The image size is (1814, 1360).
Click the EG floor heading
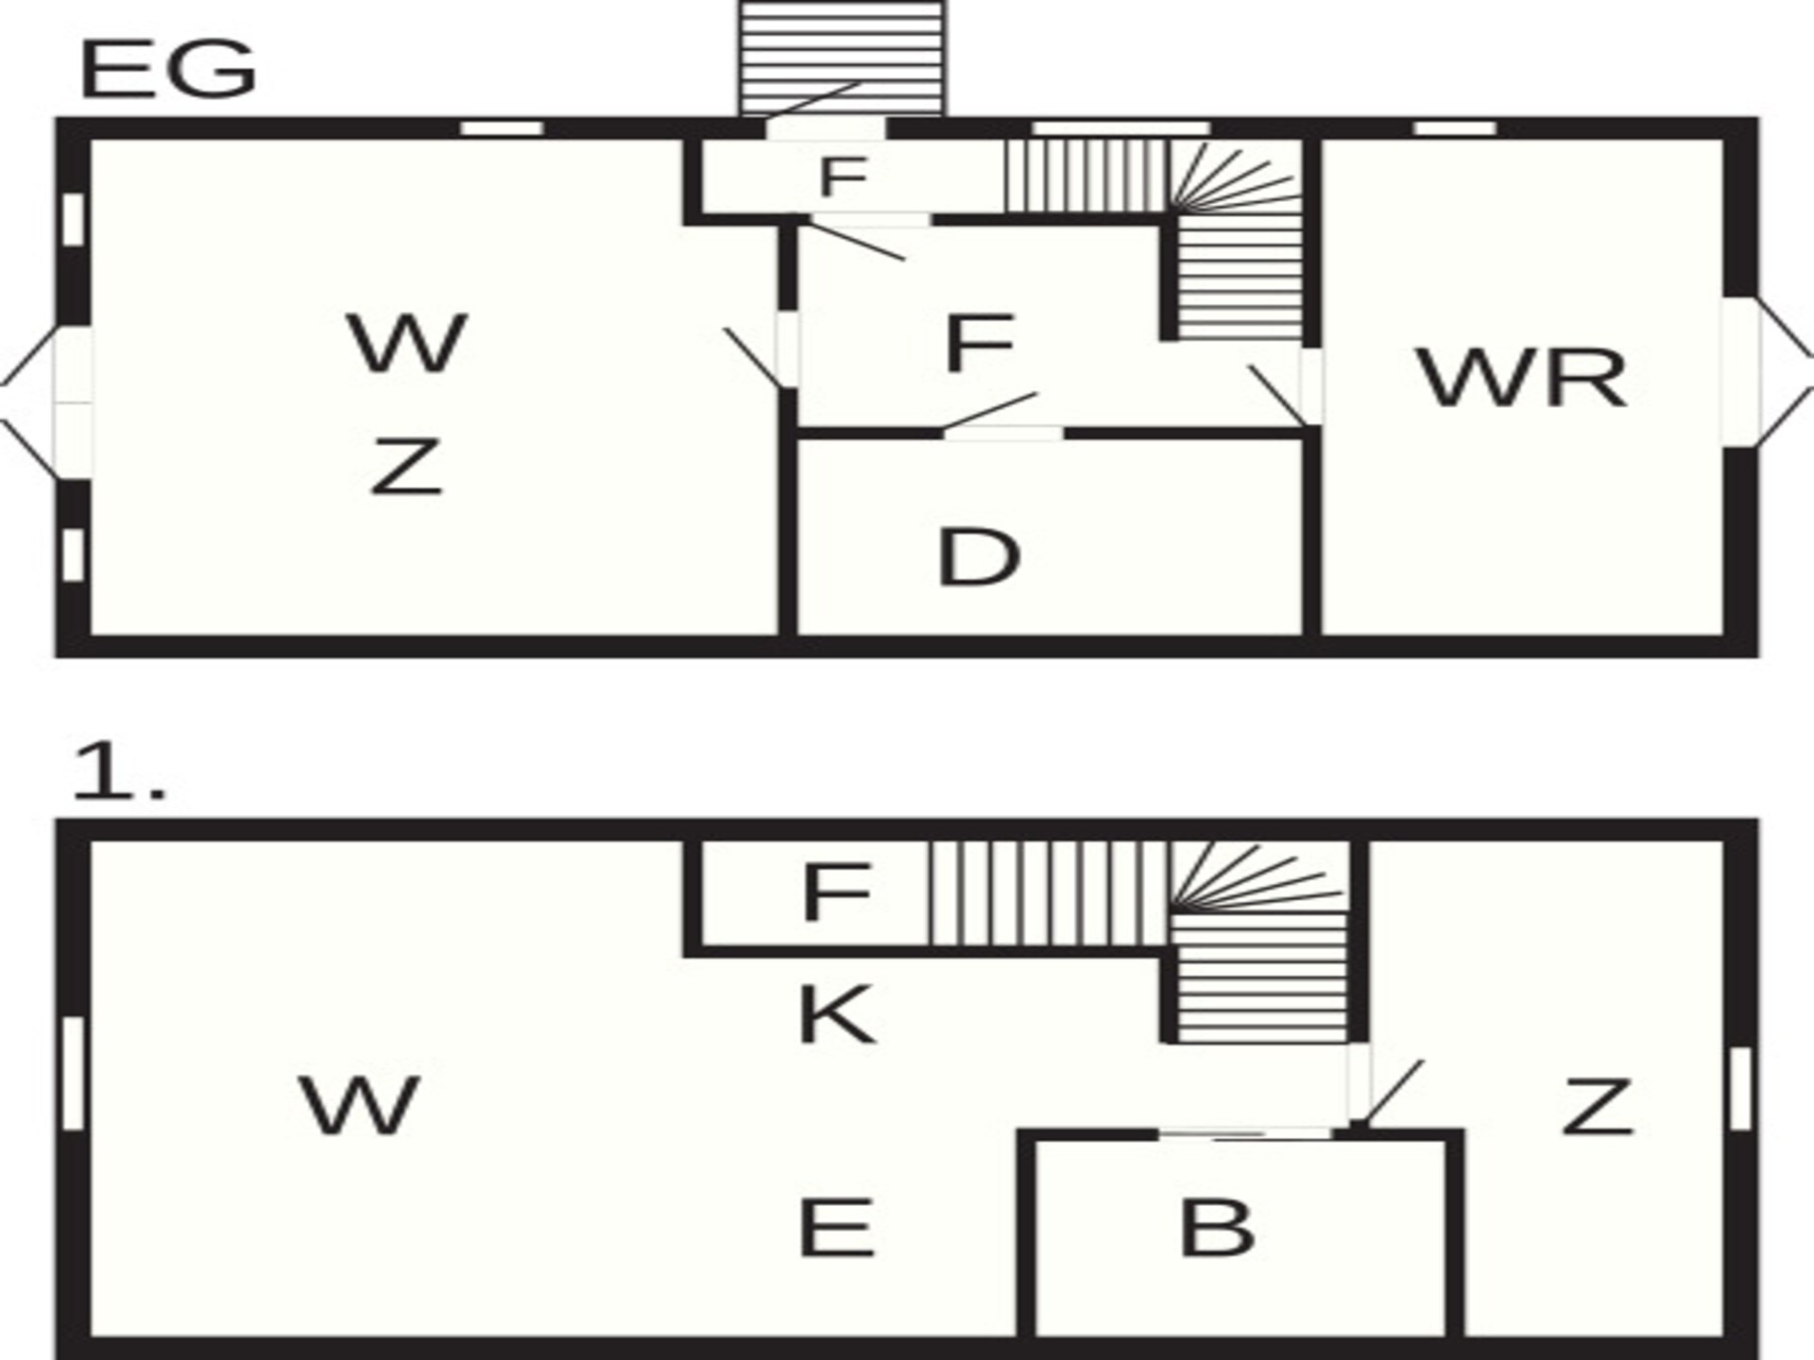coord(169,71)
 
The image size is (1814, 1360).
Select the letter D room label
coord(979,557)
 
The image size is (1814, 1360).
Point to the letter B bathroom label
coord(1218,1227)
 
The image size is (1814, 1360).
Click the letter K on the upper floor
coord(837,1014)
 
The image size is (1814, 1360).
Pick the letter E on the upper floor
coord(836,1227)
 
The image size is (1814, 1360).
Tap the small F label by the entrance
coord(843,177)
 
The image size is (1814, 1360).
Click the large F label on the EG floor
coord(980,344)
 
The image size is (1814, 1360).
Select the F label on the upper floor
coord(835,892)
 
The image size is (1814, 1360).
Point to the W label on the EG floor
coord(408,342)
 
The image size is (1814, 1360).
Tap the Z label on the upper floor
coord(1598,1106)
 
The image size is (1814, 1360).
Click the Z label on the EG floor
coord(406,466)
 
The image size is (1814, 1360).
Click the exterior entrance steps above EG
coord(841,59)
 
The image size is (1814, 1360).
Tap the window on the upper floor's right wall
coord(1739,1089)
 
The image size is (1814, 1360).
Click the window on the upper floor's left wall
coord(73,1073)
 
